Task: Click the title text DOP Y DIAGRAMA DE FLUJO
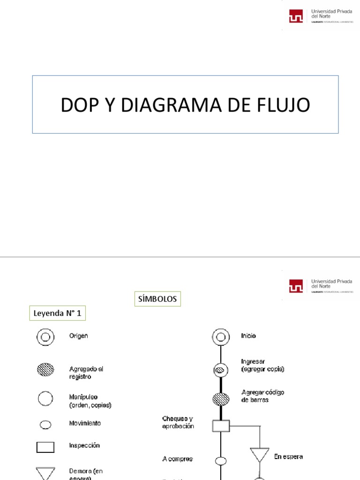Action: coord(185,105)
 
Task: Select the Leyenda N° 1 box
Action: coord(58,314)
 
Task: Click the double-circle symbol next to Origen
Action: coord(45,337)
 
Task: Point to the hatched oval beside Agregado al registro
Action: coord(45,370)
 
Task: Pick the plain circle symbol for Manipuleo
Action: coord(45,399)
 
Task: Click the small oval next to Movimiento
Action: coord(45,425)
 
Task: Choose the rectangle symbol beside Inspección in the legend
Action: coord(45,447)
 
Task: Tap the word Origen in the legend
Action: coord(79,336)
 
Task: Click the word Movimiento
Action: coord(85,423)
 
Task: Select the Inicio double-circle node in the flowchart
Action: coord(220,337)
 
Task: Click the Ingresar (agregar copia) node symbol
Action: coord(220,370)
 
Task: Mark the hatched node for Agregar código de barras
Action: coord(220,399)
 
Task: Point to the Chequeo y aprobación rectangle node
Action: coord(220,426)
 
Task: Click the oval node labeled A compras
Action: coord(220,461)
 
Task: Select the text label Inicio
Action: coord(248,336)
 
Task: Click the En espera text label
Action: coord(289,456)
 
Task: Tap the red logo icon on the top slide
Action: coord(296,17)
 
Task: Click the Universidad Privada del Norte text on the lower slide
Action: coord(331,283)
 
